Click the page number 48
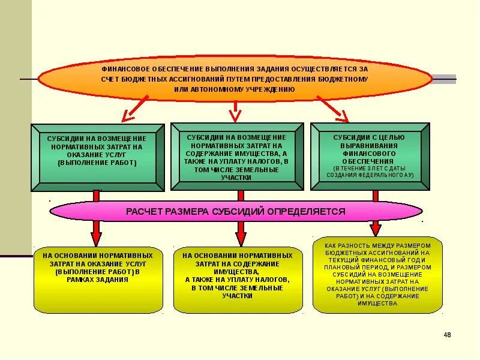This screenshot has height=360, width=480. pos(447,334)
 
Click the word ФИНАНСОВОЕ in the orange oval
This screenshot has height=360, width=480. pos(122,69)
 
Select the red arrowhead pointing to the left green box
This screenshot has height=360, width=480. pos(128,113)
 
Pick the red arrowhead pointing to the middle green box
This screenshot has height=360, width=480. pos(235,113)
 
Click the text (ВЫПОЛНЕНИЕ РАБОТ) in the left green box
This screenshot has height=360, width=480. pos(97,163)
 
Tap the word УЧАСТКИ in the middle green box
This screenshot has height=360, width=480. pos(236,178)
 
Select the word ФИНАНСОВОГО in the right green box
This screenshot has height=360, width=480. pos(369,153)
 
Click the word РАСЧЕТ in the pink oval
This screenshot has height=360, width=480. pos(144,211)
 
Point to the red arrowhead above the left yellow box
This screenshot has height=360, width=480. pos(96,233)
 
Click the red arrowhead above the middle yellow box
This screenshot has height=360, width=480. pos(241,233)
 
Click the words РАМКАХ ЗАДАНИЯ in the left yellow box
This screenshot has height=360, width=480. pos(97,280)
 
